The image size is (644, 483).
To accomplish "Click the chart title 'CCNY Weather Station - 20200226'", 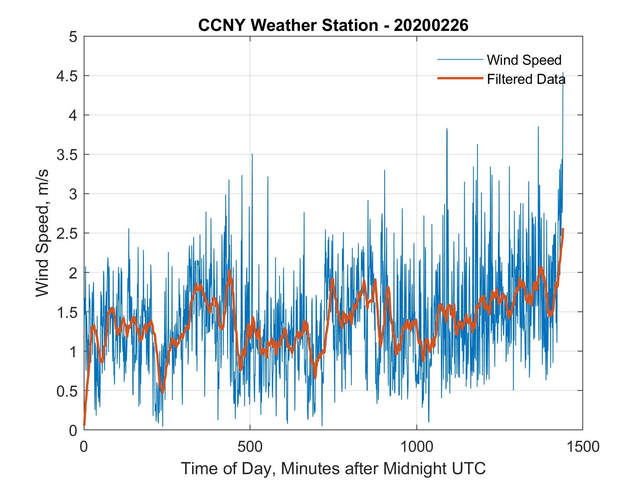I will coord(333,25).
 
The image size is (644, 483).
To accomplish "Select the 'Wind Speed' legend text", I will coord(524,60).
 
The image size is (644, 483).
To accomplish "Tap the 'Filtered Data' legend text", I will coord(526,79).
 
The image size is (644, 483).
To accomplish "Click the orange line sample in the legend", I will coord(460,78).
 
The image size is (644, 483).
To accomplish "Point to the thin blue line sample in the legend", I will coord(460,59).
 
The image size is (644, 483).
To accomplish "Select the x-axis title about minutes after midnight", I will coord(333,468).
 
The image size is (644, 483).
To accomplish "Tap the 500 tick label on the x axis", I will coord(250,447).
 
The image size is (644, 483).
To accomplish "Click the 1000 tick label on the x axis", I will coord(417,447).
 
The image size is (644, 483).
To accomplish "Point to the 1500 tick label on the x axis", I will coord(583,447).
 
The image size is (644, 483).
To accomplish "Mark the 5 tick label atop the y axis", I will coord(73,37).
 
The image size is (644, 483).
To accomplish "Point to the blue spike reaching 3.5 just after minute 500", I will coord(252,155).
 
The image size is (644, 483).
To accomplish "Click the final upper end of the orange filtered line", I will coord(563,230).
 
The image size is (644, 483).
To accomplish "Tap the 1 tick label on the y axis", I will coord(73,351).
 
